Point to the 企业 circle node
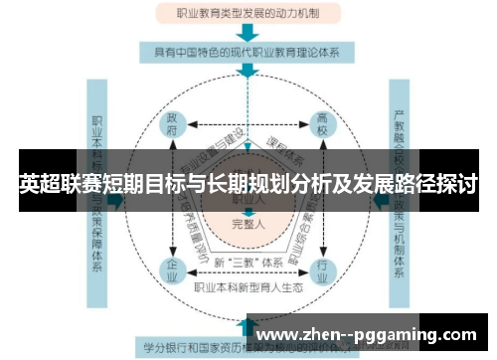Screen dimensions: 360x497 point(171,269)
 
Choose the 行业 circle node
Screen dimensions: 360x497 point(322,269)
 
